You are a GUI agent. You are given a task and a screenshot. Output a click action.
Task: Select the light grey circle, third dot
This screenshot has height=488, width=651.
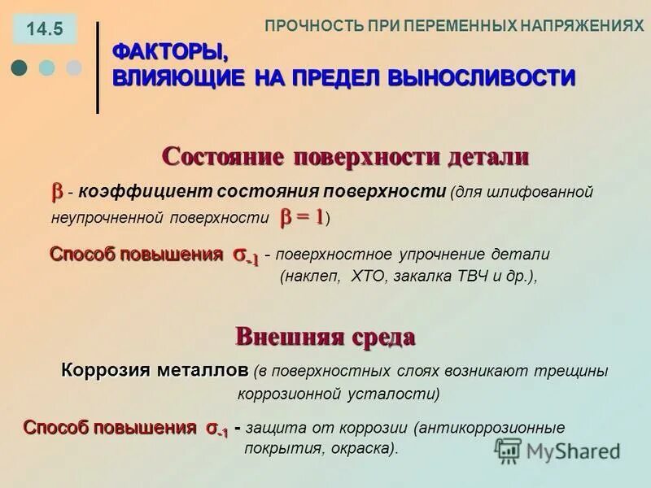click(x=74, y=68)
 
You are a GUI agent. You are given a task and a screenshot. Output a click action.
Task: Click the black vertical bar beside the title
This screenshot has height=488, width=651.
click(x=98, y=68)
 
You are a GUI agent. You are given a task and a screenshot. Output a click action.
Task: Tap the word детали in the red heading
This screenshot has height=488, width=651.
click(x=488, y=156)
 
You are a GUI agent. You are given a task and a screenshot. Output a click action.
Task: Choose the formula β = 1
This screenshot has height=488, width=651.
click(x=303, y=217)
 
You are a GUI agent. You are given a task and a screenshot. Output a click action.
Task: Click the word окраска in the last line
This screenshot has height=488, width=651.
click(x=364, y=447)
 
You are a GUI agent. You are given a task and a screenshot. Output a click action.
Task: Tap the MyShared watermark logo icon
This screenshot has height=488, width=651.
click(x=508, y=450)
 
